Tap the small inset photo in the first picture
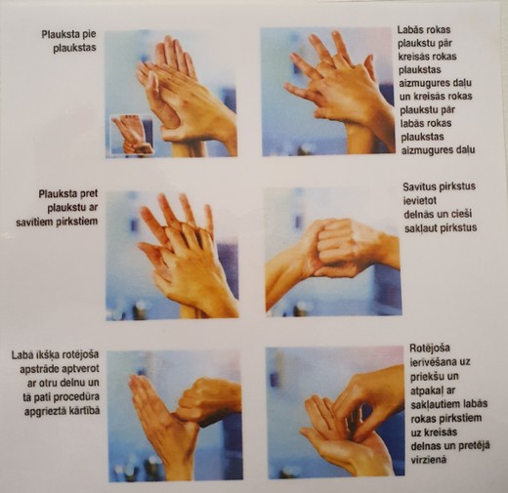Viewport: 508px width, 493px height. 132,134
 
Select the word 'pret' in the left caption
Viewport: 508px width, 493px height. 88,194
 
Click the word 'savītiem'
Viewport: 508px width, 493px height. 36,222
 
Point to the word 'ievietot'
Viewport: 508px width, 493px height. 420,200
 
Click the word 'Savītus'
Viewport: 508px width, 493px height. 419,186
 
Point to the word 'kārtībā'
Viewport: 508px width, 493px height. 85,410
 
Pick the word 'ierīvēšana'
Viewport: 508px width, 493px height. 430,362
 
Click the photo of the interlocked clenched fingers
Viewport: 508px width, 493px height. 333,253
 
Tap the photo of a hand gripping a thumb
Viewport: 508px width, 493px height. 175,416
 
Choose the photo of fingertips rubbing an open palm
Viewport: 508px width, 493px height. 336,414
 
